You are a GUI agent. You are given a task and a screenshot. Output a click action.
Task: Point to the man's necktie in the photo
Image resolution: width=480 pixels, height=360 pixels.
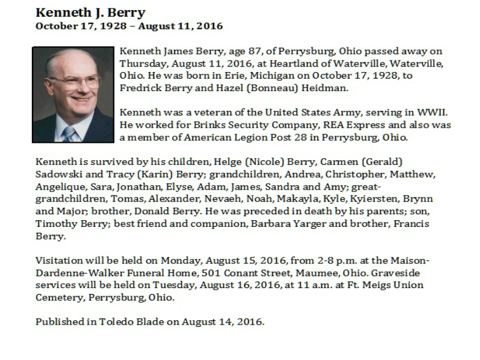point(69,133)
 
